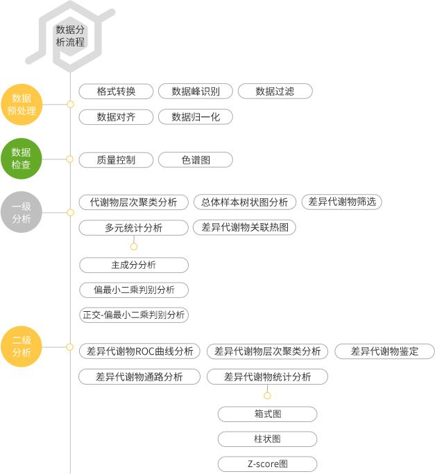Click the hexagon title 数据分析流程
coord(70,36)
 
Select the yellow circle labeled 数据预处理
coord(22,105)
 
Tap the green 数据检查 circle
coord(22,159)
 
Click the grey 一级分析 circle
coord(22,212)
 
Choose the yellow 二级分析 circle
coord(22,346)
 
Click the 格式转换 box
coord(116,91)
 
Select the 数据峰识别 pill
coord(196,91)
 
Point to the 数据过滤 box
coord(275,91)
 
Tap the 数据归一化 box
coord(196,117)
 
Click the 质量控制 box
coord(116,160)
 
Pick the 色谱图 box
coord(196,160)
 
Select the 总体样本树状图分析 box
coord(245,202)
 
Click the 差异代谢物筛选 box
coord(342,202)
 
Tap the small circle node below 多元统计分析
coord(134,247)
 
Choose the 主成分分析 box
coord(134,265)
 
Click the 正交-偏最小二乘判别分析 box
coord(134,315)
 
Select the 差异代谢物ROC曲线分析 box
coord(139,351)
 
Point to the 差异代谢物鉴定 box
coord(385,351)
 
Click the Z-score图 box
coord(268,464)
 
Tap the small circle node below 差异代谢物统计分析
coord(267,396)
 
